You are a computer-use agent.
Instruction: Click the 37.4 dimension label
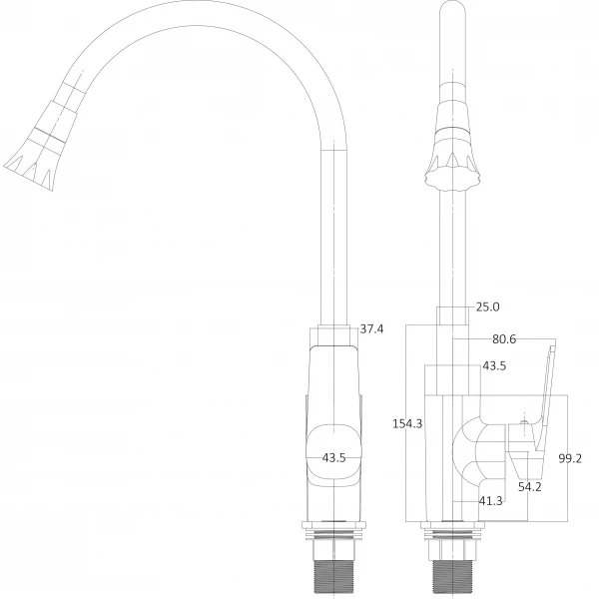pos(371,329)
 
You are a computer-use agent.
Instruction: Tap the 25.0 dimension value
pos(487,307)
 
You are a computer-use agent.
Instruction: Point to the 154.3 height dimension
pos(406,423)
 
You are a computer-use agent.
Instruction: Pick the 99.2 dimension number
pos(570,459)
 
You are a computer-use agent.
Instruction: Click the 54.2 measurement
pos(529,486)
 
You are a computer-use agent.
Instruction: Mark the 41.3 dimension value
pos(491,501)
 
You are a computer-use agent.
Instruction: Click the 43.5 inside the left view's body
pos(334,458)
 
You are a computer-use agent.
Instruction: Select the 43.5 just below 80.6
pos(494,366)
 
